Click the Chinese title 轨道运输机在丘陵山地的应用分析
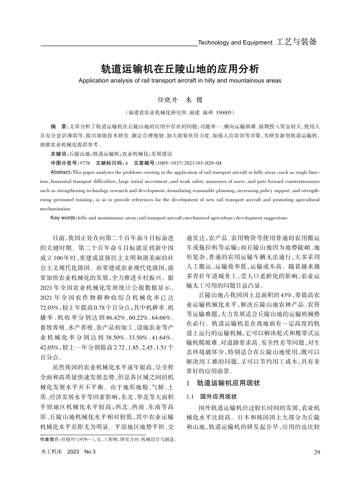point(180,69)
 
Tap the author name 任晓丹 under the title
point(167,100)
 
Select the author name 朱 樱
point(194,100)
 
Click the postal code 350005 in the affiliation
point(225,113)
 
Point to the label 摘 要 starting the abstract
point(59,125)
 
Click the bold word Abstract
point(60,172)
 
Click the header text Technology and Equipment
point(235,43)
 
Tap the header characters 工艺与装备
point(297,42)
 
